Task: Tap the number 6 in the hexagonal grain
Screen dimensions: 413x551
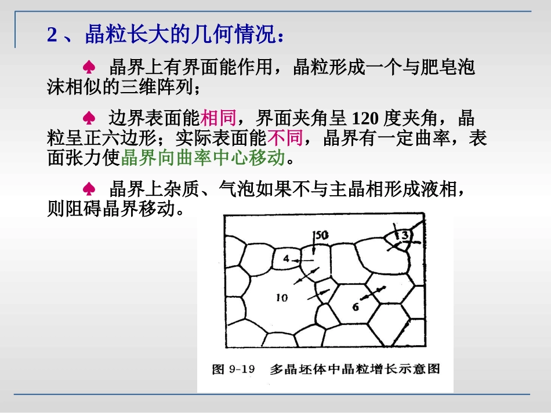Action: point(356,307)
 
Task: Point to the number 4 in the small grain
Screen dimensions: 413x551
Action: point(286,259)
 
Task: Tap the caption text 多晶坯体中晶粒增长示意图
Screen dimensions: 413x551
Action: point(355,369)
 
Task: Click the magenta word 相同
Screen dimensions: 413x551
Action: point(219,119)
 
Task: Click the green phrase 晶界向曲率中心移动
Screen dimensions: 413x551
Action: point(203,158)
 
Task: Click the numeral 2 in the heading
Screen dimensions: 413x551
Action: point(52,35)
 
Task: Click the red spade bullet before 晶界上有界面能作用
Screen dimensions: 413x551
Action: point(89,68)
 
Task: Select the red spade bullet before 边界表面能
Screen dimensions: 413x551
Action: point(89,119)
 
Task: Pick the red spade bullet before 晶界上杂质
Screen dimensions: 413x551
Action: point(89,189)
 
